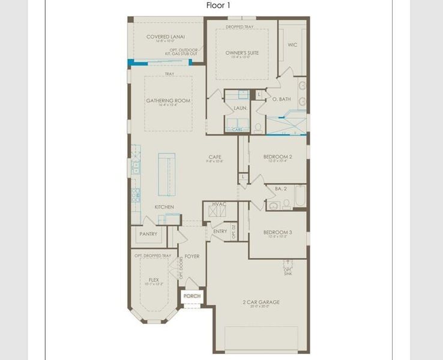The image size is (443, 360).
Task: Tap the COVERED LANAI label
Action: click(x=165, y=37)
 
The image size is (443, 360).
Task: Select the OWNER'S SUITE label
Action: click(x=242, y=53)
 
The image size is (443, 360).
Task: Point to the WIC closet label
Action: click(x=292, y=44)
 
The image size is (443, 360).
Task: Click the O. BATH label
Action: click(x=282, y=99)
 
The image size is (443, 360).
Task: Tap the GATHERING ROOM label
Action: click(x=168, y=100)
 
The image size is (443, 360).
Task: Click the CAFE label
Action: click(x=215, y=157)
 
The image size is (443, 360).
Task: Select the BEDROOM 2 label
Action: click(x=278, y=157)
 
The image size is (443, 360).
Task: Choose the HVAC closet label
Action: click(x=219, y=205)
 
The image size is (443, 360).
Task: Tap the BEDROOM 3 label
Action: click(x=278, y=232)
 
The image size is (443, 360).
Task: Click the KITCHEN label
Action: click(x=164, y=207)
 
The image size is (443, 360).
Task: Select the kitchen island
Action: click(x=167, y=173)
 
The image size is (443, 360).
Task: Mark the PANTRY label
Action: click(x=148, y=234)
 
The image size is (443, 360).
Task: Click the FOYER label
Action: click(x=192, y=256)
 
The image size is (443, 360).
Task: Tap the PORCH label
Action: click(x=192, y=296)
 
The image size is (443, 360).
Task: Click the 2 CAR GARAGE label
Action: click(x=261, y=302)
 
